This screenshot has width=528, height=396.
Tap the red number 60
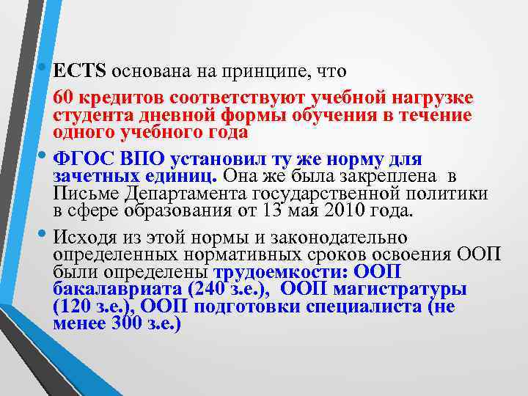pyautogui.click(x=62, y=99)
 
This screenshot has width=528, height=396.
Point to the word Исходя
pyautogui.click(x=90, y=238)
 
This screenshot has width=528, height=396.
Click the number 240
pyautogui.click(x=209, y=289)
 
